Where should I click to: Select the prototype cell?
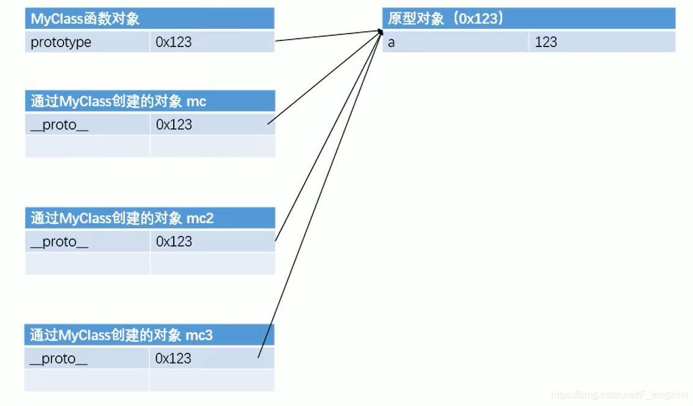pyautogui.click(x=87, y=42)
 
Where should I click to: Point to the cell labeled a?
pyautogui.click(x=455, y=42)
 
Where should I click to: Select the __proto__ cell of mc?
pyautogui.click(x=87, y=125)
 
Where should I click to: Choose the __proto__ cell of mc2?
pyautogui.click(x=87, y=242)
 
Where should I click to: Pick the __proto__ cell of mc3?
pyautogui.click(x=87, y=358)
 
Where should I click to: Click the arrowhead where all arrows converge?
pyautogui.click(x=380, y=31)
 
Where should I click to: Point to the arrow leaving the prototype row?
pyautogui.click(x=327, y=36)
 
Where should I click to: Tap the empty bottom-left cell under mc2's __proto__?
pyautogui.click(x=87, y=264)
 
